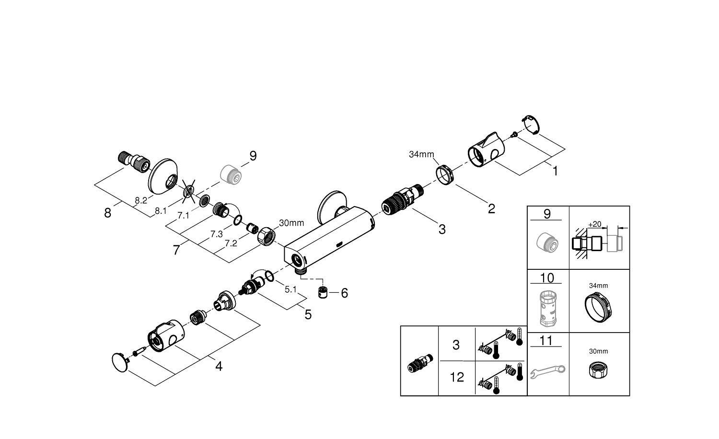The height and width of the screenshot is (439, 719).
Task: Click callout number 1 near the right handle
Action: pyautogui.click(x=555, y=171)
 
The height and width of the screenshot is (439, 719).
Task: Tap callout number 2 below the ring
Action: pyautogui.click(x=491, y=209)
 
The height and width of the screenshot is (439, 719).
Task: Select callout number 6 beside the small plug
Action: pyautogui.click(x=344, y=293)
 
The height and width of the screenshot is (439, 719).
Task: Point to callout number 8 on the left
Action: pyautogui.click(x=107, y=213)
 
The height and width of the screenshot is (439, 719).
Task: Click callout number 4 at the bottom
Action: pyautogui.click(x=219, y=367)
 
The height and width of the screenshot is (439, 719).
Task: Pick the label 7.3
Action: pyautogui.click(x=217, y=234)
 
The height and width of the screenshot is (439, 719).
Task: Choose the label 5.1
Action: pyautogui.click(x=291, y=289)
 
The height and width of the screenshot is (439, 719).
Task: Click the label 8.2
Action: pyautogui.click(x=140, y=201)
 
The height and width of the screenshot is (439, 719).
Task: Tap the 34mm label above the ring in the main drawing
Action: pyautogui.click(x=421, y=154)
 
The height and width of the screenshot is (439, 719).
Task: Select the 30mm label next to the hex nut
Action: pyautogui.click(x=291, y=223)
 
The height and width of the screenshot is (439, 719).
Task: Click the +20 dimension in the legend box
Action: pyautogui.click(x=594, y=224)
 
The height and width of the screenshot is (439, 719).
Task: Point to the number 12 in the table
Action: pyautogui.click(x=457, y=377)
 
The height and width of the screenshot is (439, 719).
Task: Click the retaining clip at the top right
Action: pyautogui.click(x=531, y=123)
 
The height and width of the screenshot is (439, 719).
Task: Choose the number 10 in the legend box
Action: pyautogui.click(x=547, y=278)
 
